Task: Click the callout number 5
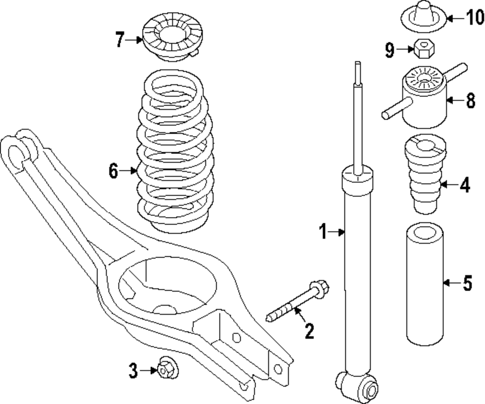(467, 283)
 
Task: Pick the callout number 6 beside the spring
(113, 171)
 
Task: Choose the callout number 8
(469, 101)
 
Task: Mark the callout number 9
(389, 50)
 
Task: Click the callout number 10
(474, 18)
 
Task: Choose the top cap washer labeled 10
(422, 16)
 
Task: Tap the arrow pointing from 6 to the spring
(129, 170)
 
